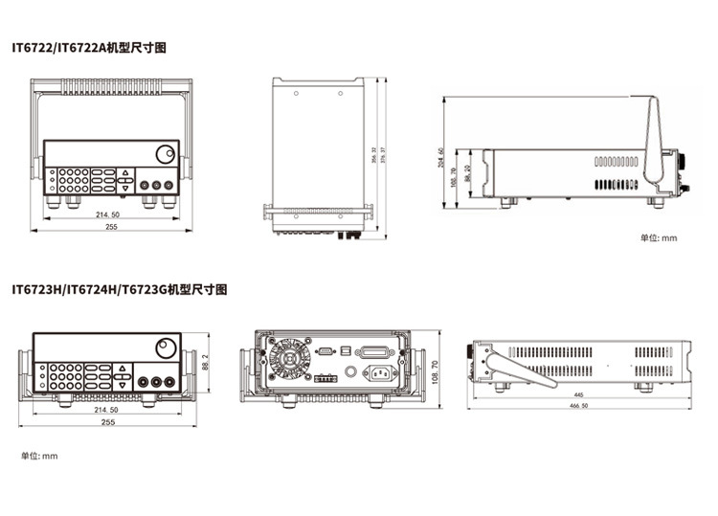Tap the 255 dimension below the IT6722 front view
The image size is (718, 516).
(x=111, y=228)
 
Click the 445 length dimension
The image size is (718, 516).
(x=579, y=394)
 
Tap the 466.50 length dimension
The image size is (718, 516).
(x=579, y=407)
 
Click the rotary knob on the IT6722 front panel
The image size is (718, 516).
(x=165, y=153)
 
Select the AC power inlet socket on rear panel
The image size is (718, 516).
(x=380, y=374)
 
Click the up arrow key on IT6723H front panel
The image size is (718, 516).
(x=123, y=369)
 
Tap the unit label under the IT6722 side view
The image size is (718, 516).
(x=658, y=237)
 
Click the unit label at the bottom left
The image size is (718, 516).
(x=39, y=456)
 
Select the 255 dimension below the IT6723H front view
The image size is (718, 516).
(x=108, y=421)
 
